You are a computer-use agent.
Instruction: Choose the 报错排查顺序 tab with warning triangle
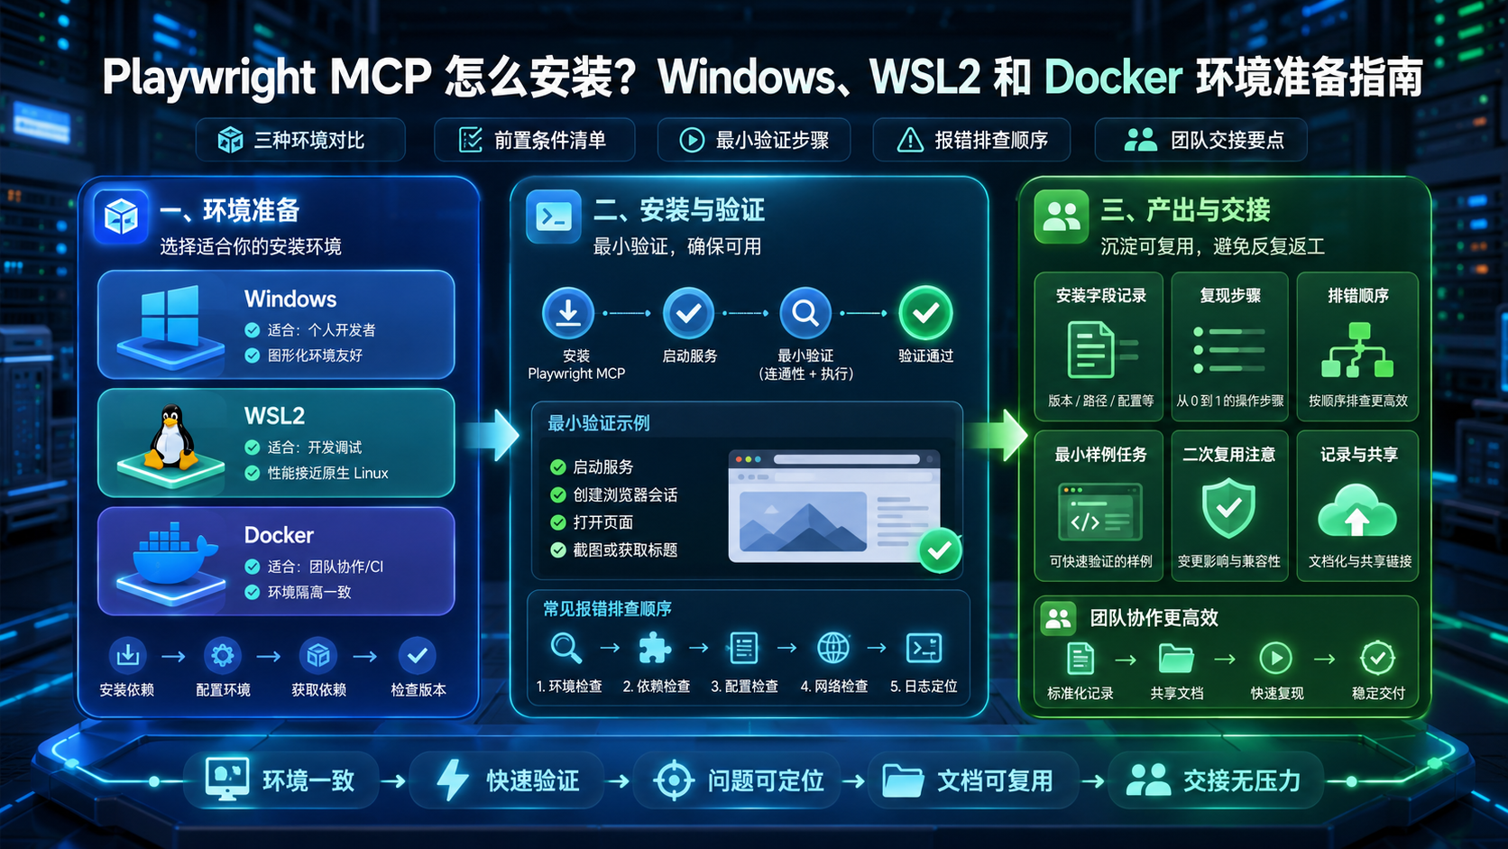point(971,140)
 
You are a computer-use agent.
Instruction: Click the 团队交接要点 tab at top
point(1201,140)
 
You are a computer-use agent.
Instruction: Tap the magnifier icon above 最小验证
point(805,313)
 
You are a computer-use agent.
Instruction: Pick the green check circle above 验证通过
point(925,313)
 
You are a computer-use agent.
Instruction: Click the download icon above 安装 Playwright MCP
point(568,313)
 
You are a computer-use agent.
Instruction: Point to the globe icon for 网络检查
point(832,649)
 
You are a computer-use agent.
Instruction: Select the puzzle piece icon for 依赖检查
point(655,649)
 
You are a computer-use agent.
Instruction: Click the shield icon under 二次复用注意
point(1228,508)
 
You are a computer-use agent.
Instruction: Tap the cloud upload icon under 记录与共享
point(1356,511)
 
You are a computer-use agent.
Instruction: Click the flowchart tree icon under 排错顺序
point(1357,350)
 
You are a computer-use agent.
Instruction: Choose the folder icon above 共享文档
point(1176,659)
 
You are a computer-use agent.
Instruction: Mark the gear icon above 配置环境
point(222,655)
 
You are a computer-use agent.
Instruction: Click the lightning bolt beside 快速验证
point(453,780)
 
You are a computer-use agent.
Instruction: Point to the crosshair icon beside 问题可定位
point(674,780)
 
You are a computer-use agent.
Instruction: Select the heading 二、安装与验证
point(679,211)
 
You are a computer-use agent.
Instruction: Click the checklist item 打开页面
point(602,522)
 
